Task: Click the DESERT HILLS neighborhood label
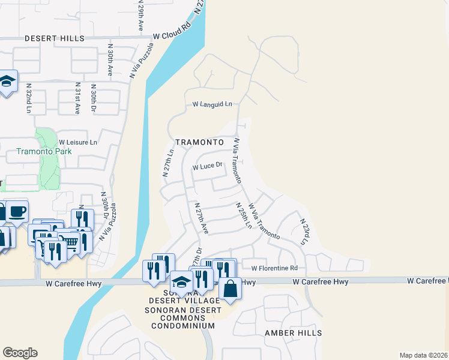[x=54, y=38]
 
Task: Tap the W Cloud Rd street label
[x=171, y=35]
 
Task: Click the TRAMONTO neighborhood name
[x=199, y=142]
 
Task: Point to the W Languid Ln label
[x=212, y=104]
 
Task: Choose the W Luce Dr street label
[x=208, y=166]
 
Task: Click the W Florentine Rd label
[x=274, y=268]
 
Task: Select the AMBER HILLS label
[x=293, y=332]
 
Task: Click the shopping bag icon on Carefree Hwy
[x=231, y=288]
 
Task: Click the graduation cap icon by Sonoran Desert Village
[x=181, y=282]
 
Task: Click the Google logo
[x=20, y=352]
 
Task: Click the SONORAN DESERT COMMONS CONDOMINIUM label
[x=179, y=317]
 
